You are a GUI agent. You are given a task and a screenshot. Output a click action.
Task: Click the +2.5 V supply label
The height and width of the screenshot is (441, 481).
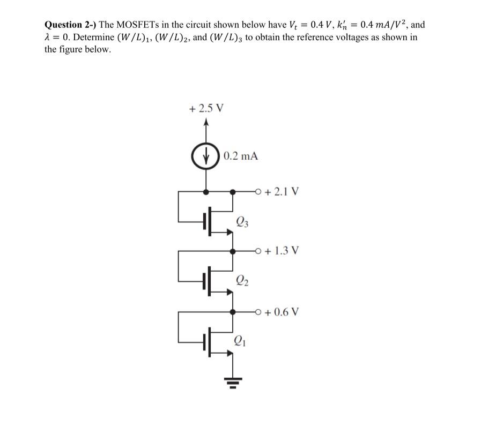pos(207,108)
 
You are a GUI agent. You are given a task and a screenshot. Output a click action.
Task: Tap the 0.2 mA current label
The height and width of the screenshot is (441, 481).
pos(241,156)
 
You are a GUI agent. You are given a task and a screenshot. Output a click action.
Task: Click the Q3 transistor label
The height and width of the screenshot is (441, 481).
pos(242,221)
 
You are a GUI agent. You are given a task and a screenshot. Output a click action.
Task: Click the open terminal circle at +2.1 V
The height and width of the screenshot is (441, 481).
pos(260,191)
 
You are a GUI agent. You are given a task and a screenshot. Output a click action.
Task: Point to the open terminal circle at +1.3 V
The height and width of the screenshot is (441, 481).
pos(260,250)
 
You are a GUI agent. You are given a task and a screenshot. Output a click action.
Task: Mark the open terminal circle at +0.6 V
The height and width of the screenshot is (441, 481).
pos(260,311)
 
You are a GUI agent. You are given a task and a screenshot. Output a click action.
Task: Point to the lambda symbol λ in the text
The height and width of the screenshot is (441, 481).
pos(47,38)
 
